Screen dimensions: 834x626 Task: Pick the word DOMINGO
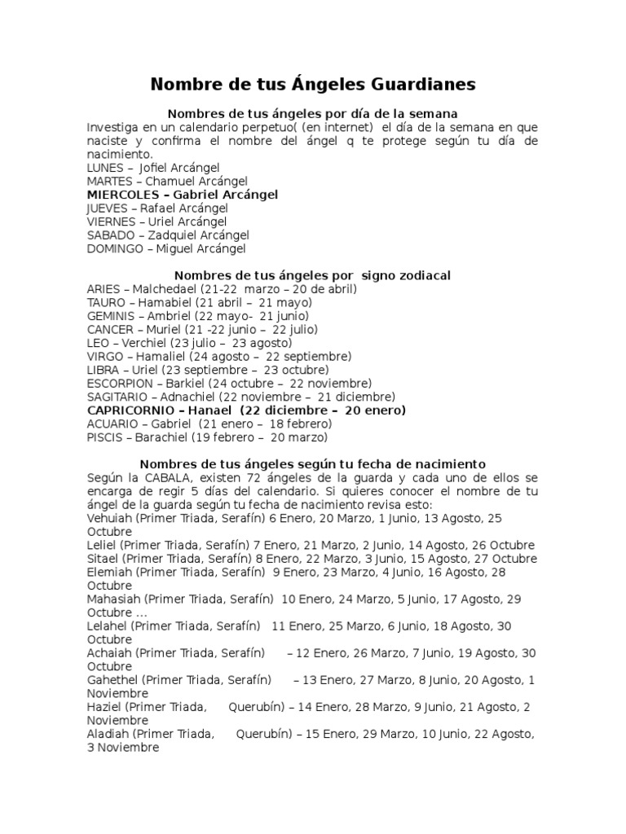(115, 248)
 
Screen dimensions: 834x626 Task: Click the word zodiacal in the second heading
(424, 275)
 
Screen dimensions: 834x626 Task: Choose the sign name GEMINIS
(110, 316)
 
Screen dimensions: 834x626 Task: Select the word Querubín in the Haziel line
(260, 707)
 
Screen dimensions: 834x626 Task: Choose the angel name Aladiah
(108, 734)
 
